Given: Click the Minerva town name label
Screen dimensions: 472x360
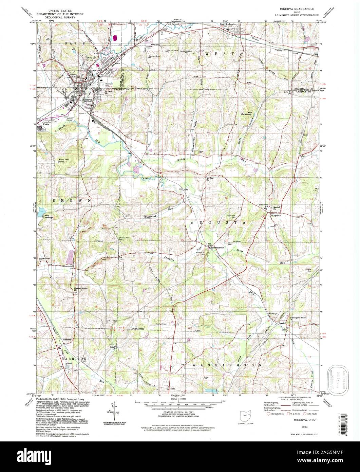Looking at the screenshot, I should [x=88, y=99].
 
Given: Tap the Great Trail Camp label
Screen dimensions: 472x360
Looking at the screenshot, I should [x=64, y=160].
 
